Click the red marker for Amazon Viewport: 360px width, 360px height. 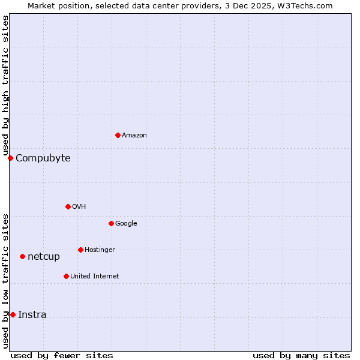tap(118, 135)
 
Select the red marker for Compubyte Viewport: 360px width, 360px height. tap(10, 158)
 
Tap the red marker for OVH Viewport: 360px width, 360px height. tap(68, 206)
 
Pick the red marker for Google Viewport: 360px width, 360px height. tap(111, 223)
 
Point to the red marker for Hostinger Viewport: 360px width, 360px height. tap(80, 250)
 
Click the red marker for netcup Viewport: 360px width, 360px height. tap(22, 256)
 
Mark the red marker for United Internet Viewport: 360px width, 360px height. tap(66, 276)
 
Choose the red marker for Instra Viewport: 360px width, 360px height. tap(13, 314)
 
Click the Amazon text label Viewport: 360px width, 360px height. tap(134, 136)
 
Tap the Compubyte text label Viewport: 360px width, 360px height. tap(43, 158)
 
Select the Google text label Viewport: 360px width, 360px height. tap(126, 224)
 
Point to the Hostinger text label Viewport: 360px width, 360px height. tap(100, 250)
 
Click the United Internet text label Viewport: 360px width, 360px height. tap(94, 277)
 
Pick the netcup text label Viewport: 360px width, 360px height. tap(44, 257)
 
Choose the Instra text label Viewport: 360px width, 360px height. tap(32, 315)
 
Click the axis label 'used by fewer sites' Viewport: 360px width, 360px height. tap(62, 355)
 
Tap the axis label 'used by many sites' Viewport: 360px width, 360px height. tap(301, 355)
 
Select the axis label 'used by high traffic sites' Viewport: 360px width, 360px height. tap(5, 86)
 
